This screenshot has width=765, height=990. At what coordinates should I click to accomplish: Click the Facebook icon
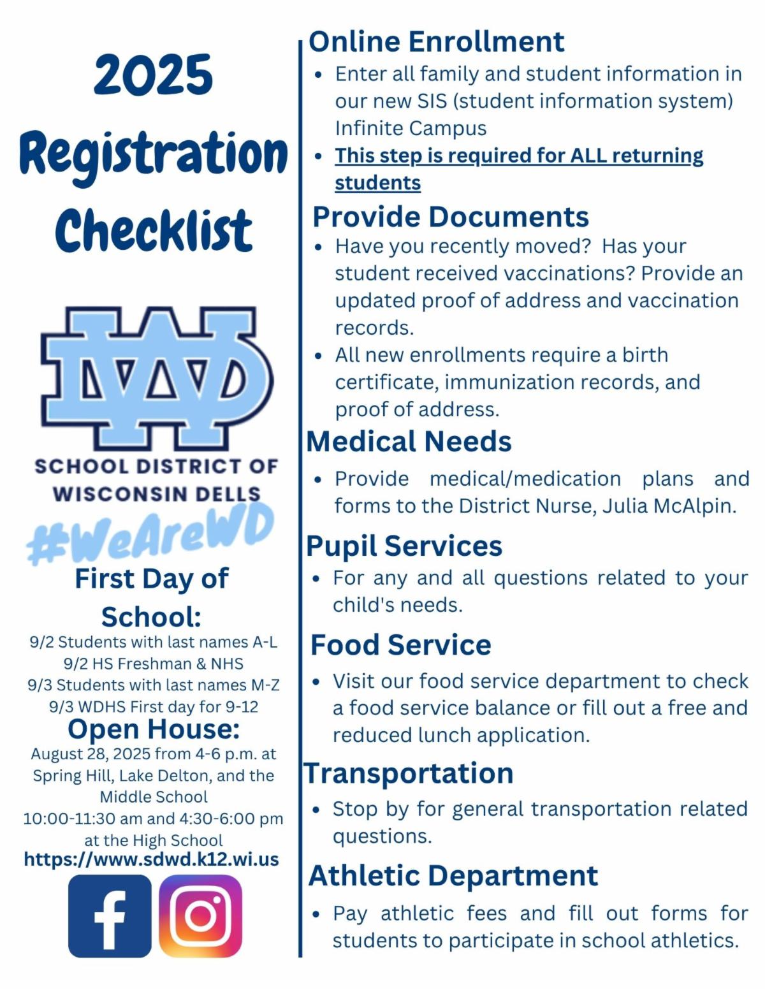110,915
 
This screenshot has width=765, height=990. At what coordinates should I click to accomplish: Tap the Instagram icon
200,915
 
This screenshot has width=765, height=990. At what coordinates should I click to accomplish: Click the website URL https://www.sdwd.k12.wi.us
151,859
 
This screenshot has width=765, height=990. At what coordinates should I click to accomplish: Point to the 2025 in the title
153,75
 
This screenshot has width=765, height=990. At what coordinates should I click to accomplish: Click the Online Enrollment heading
437,41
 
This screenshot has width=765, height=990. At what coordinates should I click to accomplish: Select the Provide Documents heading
450,217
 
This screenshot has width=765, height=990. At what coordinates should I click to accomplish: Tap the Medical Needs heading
409,441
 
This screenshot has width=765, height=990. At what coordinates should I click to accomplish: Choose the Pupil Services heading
404,546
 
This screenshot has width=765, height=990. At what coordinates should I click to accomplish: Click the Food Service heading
400,644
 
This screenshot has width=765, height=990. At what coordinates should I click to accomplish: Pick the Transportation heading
409,773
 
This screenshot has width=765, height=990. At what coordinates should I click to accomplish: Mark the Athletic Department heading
453,875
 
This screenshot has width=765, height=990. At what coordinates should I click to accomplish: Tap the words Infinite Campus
411,128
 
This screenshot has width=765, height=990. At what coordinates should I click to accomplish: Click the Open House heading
154,729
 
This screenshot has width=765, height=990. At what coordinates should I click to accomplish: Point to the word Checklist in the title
154,231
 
